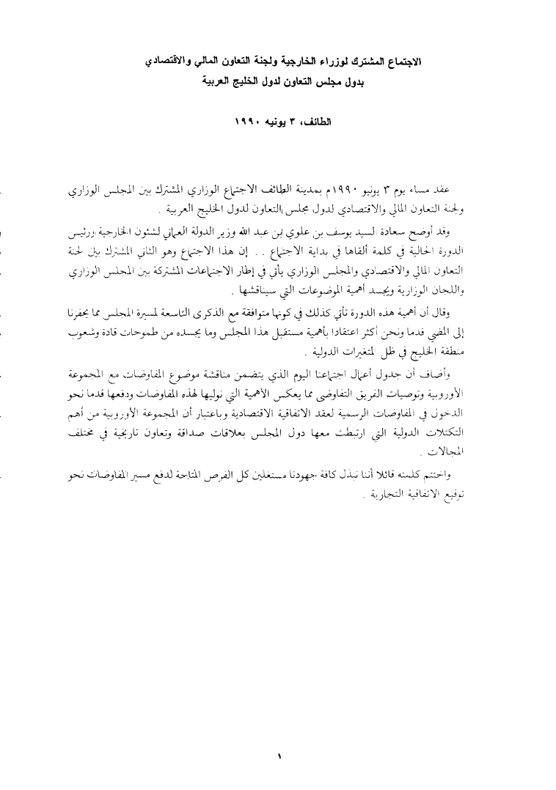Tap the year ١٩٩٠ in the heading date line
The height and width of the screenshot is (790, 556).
pyautogui.click(x=251, y=119)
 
